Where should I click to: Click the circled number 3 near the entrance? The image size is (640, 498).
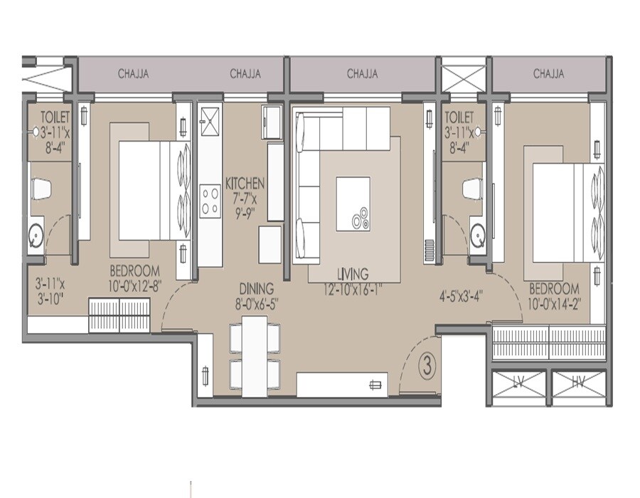click(x=427, y=368)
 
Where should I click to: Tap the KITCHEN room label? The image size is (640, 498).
click(x=245, y=182)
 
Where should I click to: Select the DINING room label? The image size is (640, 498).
click(x=256, y=289)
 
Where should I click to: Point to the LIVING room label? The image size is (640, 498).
click(x=353, y=274)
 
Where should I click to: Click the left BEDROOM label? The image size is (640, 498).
click(x=134, y=271)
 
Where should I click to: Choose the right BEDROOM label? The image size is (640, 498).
click(x=554, y=290)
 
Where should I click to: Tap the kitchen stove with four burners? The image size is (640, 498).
click(x=210, y=200)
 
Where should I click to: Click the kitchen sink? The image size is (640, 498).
click(x=210, y=121)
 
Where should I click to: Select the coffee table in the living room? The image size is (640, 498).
click(x=353, y=203)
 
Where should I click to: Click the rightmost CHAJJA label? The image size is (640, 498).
click(x=548, y=73)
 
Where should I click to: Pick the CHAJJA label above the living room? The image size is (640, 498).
click(x=362, y=73)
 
